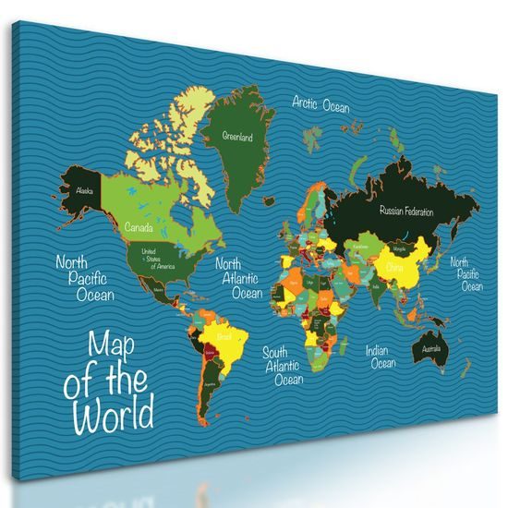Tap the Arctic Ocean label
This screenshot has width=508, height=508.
pyautogui.click(x=321, y=104)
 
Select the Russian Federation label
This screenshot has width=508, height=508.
pyautogui.click(x=406, y=212)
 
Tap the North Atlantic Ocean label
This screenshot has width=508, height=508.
pyautogui.click(x=240, y=278)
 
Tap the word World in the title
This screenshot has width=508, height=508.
pyautogui.click(x=115, y=415)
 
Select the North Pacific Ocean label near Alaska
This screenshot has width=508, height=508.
pyautogui.click(x=84, y=278)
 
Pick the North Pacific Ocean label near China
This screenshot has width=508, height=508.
pyautogui.click(x=466, y=273)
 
